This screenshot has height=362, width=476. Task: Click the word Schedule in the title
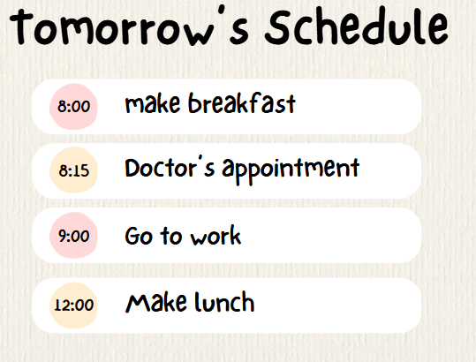pyautogui.click(x=357, y=26)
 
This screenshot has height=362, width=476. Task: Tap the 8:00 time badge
pyautogui.click(x=73, y=107)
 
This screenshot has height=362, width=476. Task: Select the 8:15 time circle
pyautogui.click(x=73, y=170)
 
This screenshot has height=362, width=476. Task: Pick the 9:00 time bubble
pyautogui.click(x=73, y=235)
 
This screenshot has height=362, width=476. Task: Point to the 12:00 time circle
pyautogui.click(x=73, y=305)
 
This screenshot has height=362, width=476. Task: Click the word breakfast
pyautogui.click(x=242, y=103)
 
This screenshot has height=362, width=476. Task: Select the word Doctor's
pyautogui.click(x=170, y=168)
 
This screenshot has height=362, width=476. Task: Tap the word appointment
pyautogui.click(x=291, y=170)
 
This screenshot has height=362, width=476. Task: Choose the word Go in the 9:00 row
pyautogui.click(x=139, y=236)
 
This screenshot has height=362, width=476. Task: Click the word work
pyautogui.click(x=215, y=236)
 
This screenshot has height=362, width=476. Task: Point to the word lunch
pyautogui.click(x=224, y=302)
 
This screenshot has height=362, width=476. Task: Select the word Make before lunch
pyautogui.click(x=155, y=302)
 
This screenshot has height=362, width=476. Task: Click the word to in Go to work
pyautogui.click(x=171, y=236)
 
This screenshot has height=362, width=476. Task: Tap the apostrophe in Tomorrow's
pyautogui.click(x=222, y=11)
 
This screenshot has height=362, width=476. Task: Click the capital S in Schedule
pyautogui.click(x=277, y=28)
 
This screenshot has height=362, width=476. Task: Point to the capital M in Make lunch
pyautogui.click(x=137, y=303)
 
